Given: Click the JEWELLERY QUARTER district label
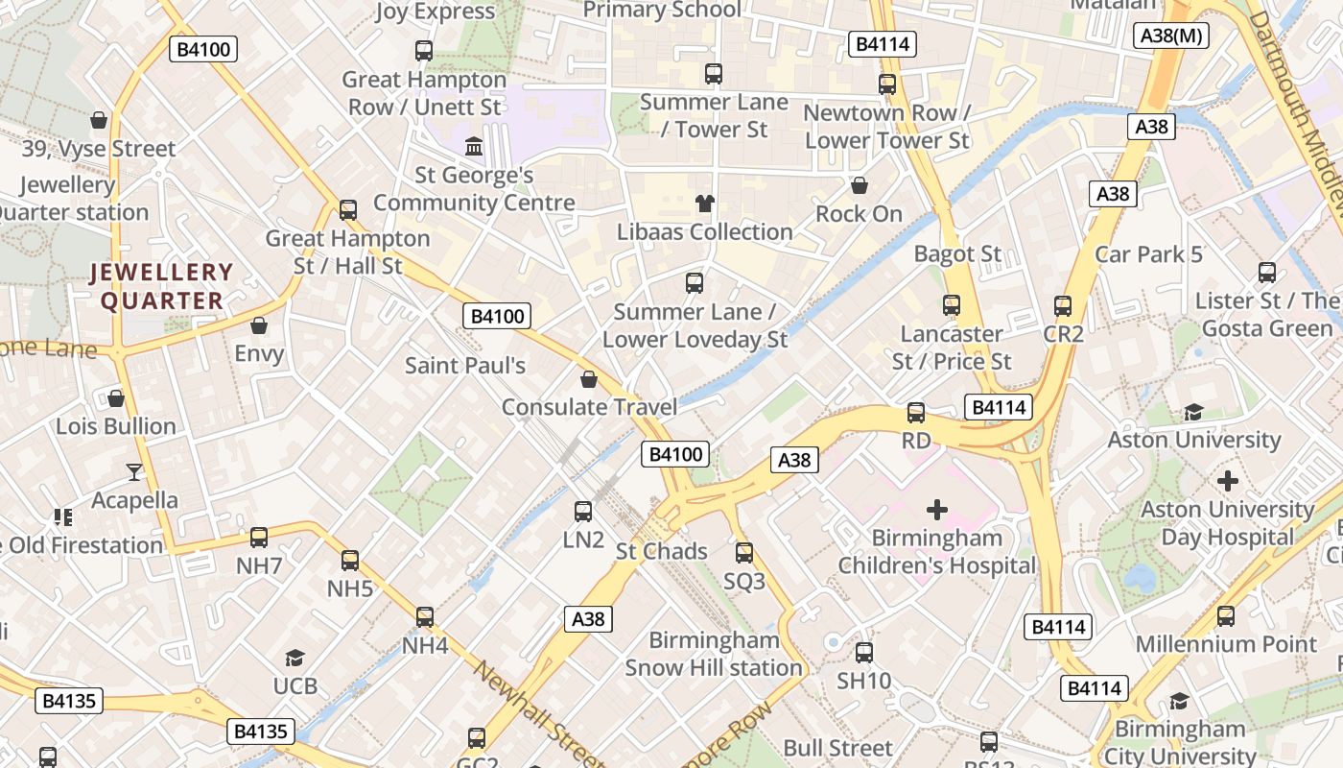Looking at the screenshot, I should pyautogui.click(x=161, y=286).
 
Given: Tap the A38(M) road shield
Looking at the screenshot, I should pyautogui.click(x=1171, y=36).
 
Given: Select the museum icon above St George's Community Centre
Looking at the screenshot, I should pyautogui.click(x=474, y=147).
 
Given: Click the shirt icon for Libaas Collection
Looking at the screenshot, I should pyautogui.click(x=705, y=204).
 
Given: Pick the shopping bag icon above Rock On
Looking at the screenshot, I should pyautogui.click(x=860, y=184).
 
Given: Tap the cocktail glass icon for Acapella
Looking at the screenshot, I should pyautogui.click(x=134, y=471).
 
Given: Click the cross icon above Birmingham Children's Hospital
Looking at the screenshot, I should pyautogui.click(x=937, y=510).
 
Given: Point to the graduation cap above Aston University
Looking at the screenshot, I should pyautogui.click(x=1193, y=412).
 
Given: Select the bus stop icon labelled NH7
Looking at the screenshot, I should pyautogui.click(x=259, y=538).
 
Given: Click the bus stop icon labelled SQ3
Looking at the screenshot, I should pyautogui.click(x=744, y=553).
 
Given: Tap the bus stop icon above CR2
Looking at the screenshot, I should pyautogui.click(x=1063, y=306).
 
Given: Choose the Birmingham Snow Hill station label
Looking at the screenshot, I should pyautogui.click(x=714, y=654).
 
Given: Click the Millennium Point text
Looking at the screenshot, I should pyautogui.click(x=1226, y=644).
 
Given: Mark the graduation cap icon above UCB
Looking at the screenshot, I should pyautogui.click(x=295, y=659).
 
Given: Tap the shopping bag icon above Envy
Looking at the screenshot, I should pyautogui.click(x=259, y=325).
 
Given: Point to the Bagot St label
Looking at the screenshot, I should pyautogui.click(x=957, y=254).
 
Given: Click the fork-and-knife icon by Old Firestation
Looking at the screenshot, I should pyautogui.click(x=63, y=517).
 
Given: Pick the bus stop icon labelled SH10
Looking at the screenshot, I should pyautogui.click(x=864, y=653).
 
